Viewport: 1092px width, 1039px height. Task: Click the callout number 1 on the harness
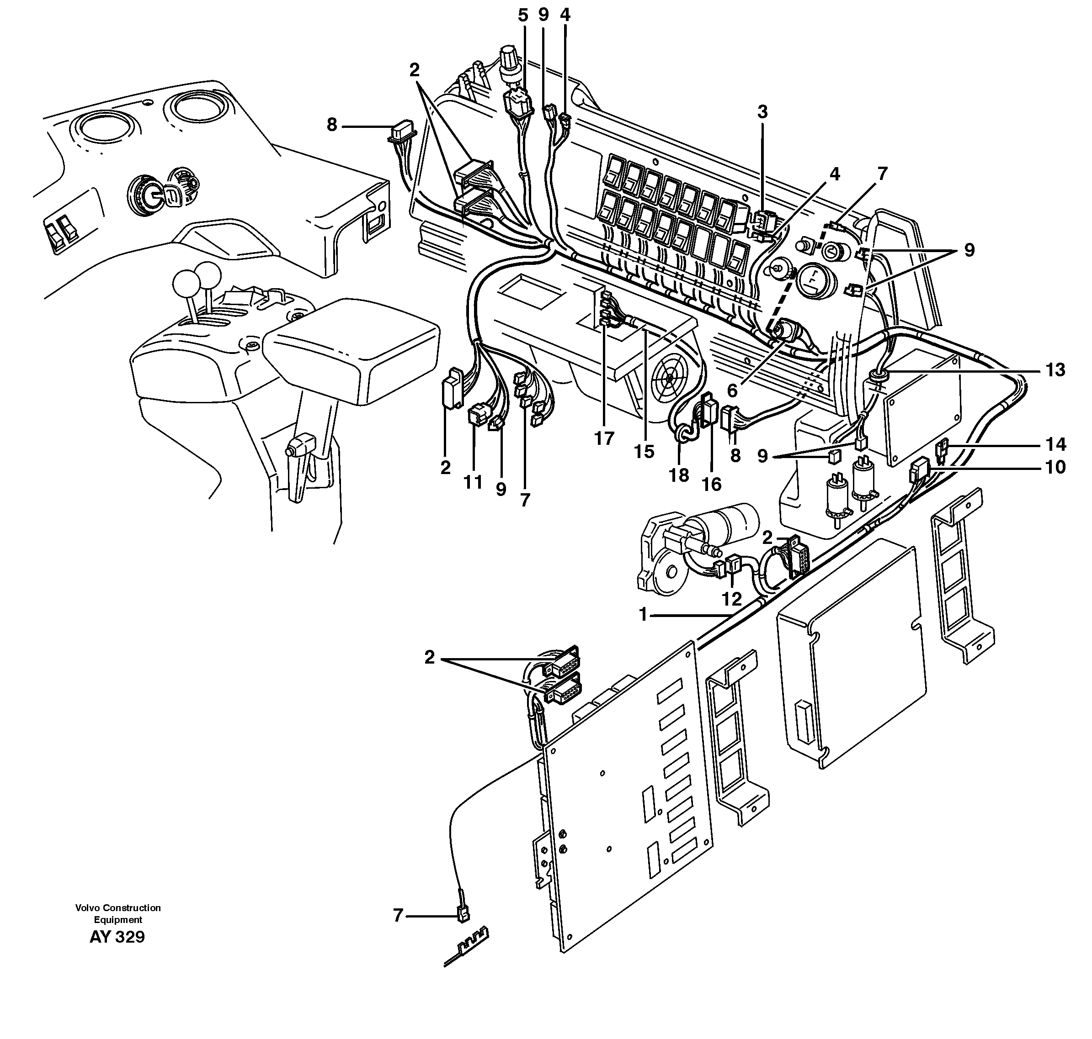pyautogui.click(x=643, y=615)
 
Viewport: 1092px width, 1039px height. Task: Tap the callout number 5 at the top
pyautogui.click(x=523, y=16)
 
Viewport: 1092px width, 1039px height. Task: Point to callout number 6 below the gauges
pyautogui.click(x=732, y=391)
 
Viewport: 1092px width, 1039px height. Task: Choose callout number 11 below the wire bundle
pyautogui.click(x=473, y=482)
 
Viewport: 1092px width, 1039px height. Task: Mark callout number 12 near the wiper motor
pyautogui.click(x=732, y=599)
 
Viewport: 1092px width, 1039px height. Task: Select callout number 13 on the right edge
pyautogui.click(x=1055, y=370)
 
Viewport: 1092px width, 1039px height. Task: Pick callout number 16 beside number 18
pyautogui.click(x=712, y=485)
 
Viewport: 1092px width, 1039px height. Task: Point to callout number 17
pyautogui.click(x=604, y=438)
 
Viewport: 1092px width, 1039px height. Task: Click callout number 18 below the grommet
pyautogui.click(x=679, y=475)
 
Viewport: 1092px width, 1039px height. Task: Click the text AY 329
pyautogui.click(x=117, y=938)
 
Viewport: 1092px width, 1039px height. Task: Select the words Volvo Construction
pyautogui.click(x=118, y=908)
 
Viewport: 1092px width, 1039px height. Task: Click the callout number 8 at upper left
pyautogui.click(x=331, y=125)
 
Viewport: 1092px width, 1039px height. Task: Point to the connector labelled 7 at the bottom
pyautogui.click(x=462, y=917)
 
